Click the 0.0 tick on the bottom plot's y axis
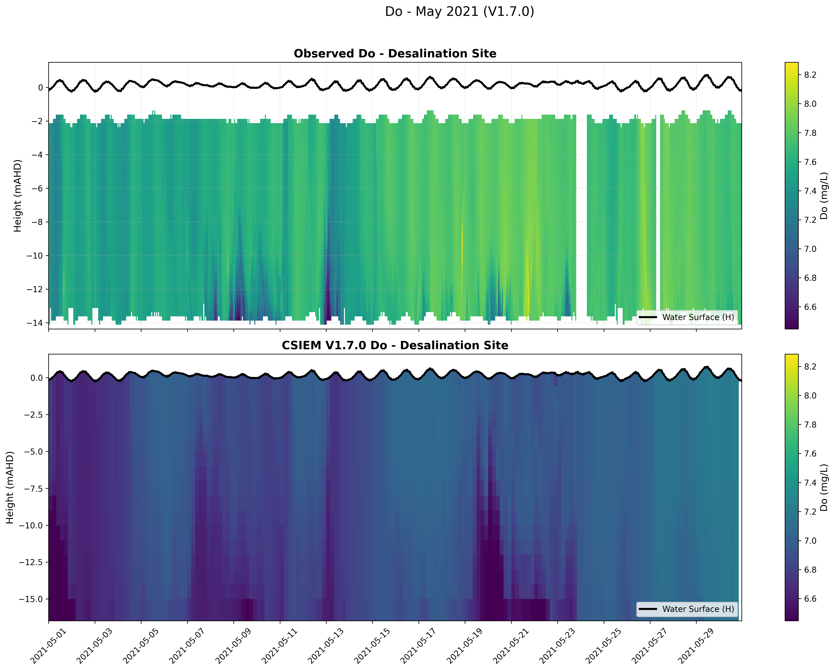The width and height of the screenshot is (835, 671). [36, 378]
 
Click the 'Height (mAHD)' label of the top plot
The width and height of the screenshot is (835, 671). [17, 196]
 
